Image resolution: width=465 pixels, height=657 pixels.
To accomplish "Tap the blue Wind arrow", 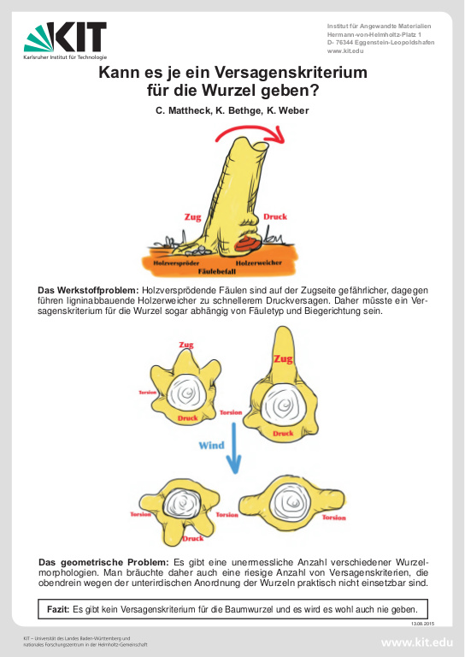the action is (234, 447).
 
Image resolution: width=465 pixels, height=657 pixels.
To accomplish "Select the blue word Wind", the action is (211, 445).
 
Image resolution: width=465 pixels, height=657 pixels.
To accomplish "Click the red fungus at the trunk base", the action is (248, 243).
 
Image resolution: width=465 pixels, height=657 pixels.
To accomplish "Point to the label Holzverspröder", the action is (176, 263).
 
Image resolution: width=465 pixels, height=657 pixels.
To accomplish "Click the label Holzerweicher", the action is (259, 263).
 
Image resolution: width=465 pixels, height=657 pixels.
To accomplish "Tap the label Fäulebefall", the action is (217, 271).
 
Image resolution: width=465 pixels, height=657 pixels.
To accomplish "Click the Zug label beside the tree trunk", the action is (192, 217).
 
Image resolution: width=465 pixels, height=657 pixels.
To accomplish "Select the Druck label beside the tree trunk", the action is (275, 216).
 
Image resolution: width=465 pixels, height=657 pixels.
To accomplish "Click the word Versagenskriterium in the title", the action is (291, 73).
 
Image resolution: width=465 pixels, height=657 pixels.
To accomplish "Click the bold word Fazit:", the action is (58, 609).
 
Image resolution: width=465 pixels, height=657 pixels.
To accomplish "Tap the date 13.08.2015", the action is (423, 624).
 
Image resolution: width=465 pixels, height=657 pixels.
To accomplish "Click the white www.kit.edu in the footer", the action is (417, 642).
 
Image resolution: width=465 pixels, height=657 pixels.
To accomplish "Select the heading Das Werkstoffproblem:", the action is (88, 290).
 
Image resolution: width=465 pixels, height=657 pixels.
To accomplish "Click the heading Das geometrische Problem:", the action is (103, 562).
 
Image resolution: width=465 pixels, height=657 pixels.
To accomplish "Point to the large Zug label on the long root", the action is (283, 359).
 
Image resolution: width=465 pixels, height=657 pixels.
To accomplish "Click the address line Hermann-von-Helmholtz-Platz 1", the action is (374, 34).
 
